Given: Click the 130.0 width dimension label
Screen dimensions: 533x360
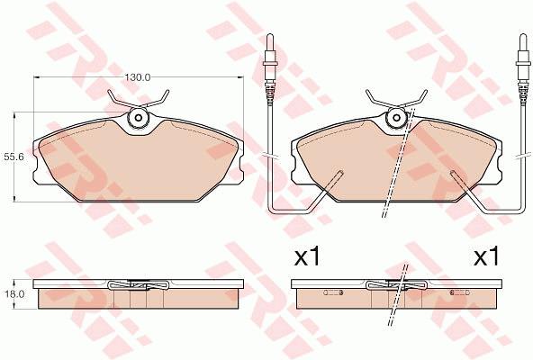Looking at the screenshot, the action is (137, 77).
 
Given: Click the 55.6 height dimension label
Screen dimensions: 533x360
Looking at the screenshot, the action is (12, 157).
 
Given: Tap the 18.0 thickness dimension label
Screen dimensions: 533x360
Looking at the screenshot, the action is (15, 294).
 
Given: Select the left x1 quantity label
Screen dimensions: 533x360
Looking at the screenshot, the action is (307, 256).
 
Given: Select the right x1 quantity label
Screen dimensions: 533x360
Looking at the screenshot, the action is (487, 256).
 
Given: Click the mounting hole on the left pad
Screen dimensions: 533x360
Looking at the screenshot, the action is (139, 118).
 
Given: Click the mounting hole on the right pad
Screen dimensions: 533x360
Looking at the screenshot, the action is (397, 118).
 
